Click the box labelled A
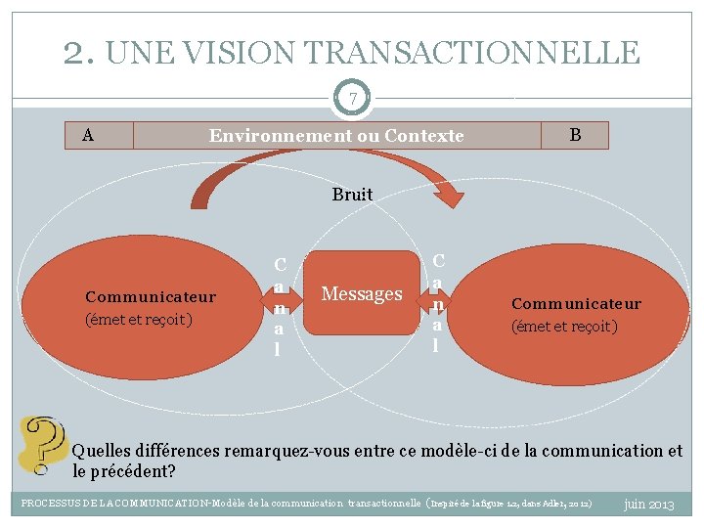[x=89, y=135]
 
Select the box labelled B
[x=575, y=135]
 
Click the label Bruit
[x=352, y=195]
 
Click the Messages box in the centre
[x=362, y=293]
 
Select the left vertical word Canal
[x=280, y=306]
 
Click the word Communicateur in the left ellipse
[x=151, y=296]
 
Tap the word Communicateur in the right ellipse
[x=576, y=304]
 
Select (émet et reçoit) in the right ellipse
[x=564, y=327]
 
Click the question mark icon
[x=42, y=445]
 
